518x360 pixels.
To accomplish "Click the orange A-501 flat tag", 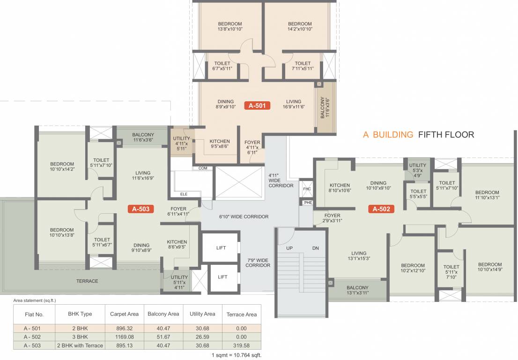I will click(x=257, y=106).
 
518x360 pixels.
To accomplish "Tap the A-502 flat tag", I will click(x=381, y=209).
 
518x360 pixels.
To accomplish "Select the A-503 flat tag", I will click(x=141, y=209).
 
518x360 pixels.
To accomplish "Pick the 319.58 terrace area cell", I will click(x=242, y=345).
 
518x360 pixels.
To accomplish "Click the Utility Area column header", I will click(x=202, y=314).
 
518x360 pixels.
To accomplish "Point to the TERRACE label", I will click(x=87, y=281).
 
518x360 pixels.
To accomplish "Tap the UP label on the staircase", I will click(x=290, y=248).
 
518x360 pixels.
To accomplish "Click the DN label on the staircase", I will click(x=315, y=248).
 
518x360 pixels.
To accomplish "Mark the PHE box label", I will click(x=307, y=202).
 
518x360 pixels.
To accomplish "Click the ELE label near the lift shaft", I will click(x=184, y=193).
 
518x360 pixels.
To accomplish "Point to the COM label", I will click(x=202, y=168).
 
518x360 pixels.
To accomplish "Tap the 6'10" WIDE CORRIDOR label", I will click(x=244, y=217).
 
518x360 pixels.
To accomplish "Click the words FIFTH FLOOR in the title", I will click(x=446, y=135).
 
